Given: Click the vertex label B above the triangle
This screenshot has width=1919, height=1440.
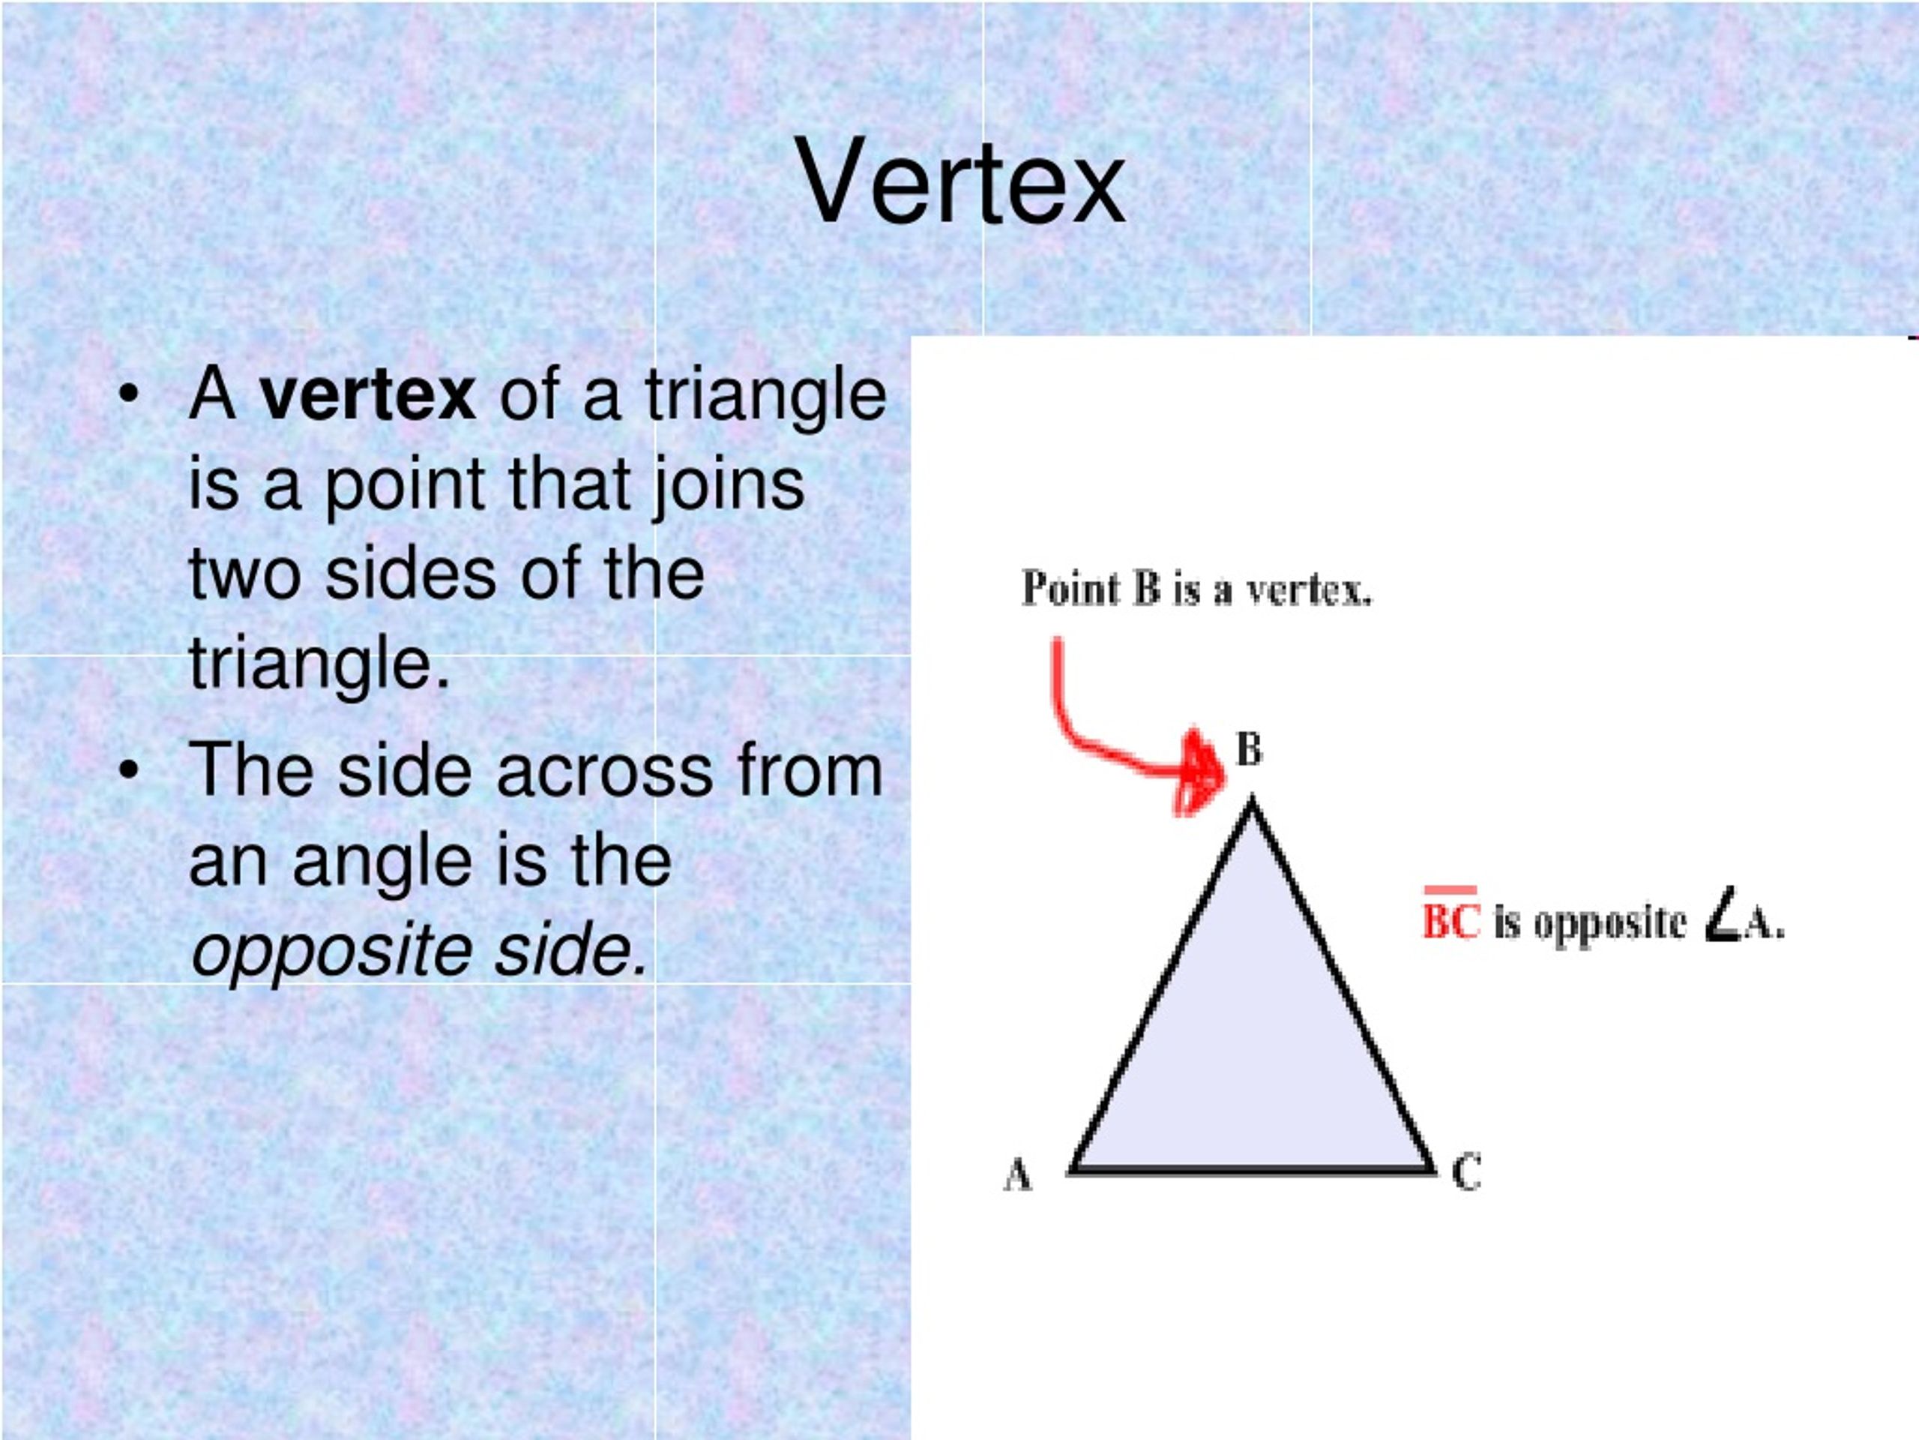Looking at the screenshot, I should pyautogui.click(x=1248, y=749).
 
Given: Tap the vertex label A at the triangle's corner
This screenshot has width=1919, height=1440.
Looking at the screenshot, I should pyautogui.click(x=1018, y=1175).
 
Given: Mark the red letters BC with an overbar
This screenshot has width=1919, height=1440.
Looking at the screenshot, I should pyautogui.click(x=1451, y=920).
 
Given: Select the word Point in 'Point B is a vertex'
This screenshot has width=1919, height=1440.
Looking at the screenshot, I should pyautogui.click(x=1070, y=589).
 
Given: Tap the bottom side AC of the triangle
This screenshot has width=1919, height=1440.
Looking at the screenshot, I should pyautogui.click(x=1253, y=1171).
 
